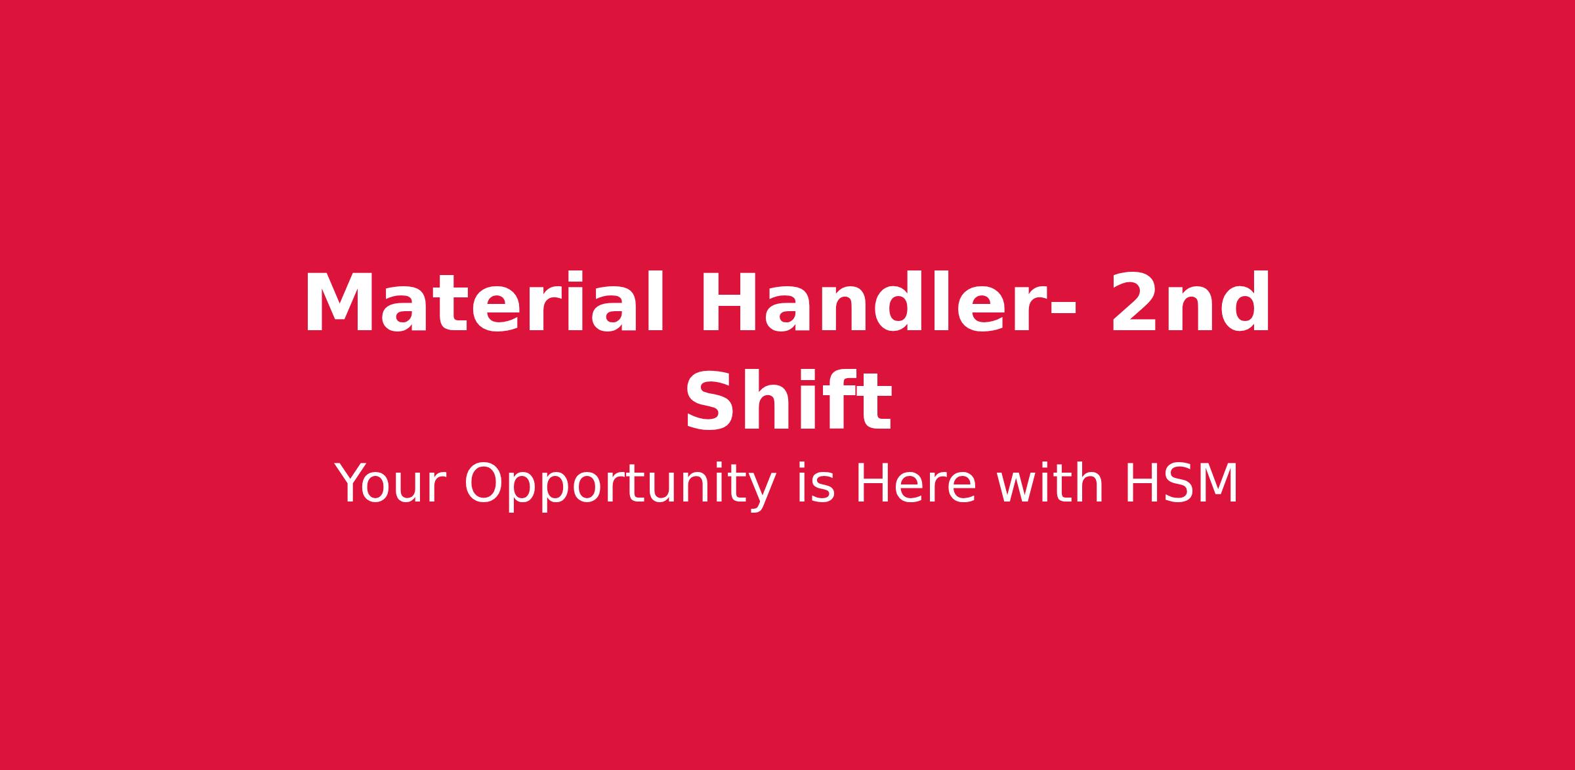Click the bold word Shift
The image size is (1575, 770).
coord(788,400)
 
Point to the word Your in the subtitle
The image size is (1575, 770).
coord(390,484)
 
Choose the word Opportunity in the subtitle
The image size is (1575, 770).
coord(621,486)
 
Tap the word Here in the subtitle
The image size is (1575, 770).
coord(915,484)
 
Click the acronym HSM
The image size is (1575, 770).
coord(1181,484)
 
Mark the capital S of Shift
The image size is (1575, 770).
coord(709,400)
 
